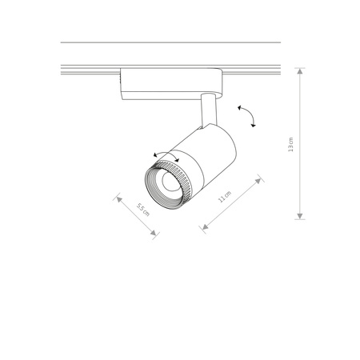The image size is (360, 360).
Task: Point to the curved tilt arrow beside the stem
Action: coord(247,115)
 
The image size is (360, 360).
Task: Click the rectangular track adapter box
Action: coord(170,82)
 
